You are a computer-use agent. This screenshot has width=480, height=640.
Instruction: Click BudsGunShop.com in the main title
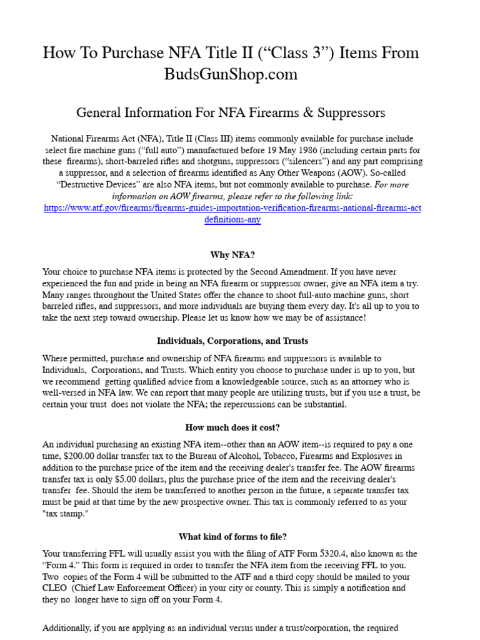point(231,74)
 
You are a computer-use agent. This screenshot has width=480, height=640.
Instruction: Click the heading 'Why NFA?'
point(232,255)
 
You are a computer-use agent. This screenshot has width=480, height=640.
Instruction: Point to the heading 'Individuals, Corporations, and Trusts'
point(232,341)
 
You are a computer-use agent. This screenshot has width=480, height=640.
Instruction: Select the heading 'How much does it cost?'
point(232,427)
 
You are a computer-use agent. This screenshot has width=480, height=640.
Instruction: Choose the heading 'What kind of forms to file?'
point(232,537)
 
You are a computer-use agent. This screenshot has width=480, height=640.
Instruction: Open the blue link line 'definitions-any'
point(232,220)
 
